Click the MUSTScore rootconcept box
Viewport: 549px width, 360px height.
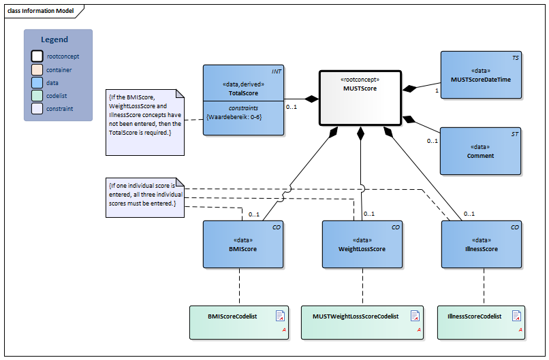[360, 99]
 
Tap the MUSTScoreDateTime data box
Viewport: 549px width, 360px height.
[480, 75]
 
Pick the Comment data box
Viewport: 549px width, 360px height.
[480, 151]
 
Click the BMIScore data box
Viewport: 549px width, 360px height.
[243, 244]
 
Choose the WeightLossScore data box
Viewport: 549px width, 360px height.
[362, 244]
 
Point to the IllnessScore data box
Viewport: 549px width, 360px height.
[481, 244]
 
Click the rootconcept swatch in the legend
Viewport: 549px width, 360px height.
[37, 56]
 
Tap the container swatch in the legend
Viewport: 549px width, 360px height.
[37, 69]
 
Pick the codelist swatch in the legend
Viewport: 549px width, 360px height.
[37, 95]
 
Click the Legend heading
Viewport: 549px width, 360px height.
[54, 39]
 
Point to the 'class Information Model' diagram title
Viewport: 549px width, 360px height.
[41, 11]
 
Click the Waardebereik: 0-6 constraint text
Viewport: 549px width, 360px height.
[234, 117]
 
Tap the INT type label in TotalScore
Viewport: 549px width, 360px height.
[276, 71]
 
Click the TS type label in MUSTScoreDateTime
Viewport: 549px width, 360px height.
[515, 58]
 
